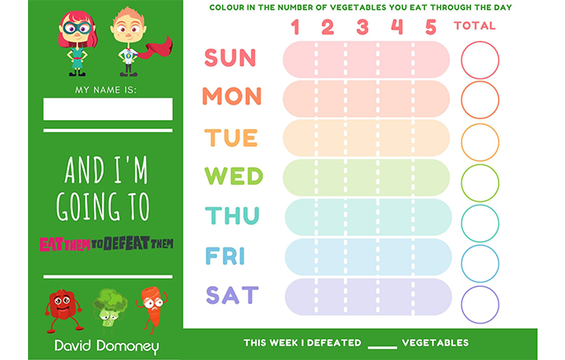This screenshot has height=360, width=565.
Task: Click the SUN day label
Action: pos(230,58)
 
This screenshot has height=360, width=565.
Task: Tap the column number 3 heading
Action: pos(363,26)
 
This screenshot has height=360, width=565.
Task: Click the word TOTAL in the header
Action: pos(475,25)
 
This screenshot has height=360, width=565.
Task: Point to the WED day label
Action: pos(234,176)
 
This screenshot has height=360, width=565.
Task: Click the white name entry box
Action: pos(108,108)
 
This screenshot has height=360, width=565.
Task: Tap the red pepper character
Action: pos(63,309)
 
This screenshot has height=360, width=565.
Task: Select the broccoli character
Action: pos(109,307)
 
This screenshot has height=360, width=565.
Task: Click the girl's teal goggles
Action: pos(76,28)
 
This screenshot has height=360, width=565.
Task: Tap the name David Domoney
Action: pos(107,346)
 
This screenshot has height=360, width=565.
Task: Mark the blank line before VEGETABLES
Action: pos(382,348)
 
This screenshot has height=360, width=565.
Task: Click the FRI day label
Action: pos(225,256)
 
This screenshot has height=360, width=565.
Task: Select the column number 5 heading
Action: pos(431,26)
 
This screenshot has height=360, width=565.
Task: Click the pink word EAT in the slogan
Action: pos(52,244)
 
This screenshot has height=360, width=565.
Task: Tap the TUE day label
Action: pos(231,138)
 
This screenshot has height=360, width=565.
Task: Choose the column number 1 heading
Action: pos(295,26)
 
